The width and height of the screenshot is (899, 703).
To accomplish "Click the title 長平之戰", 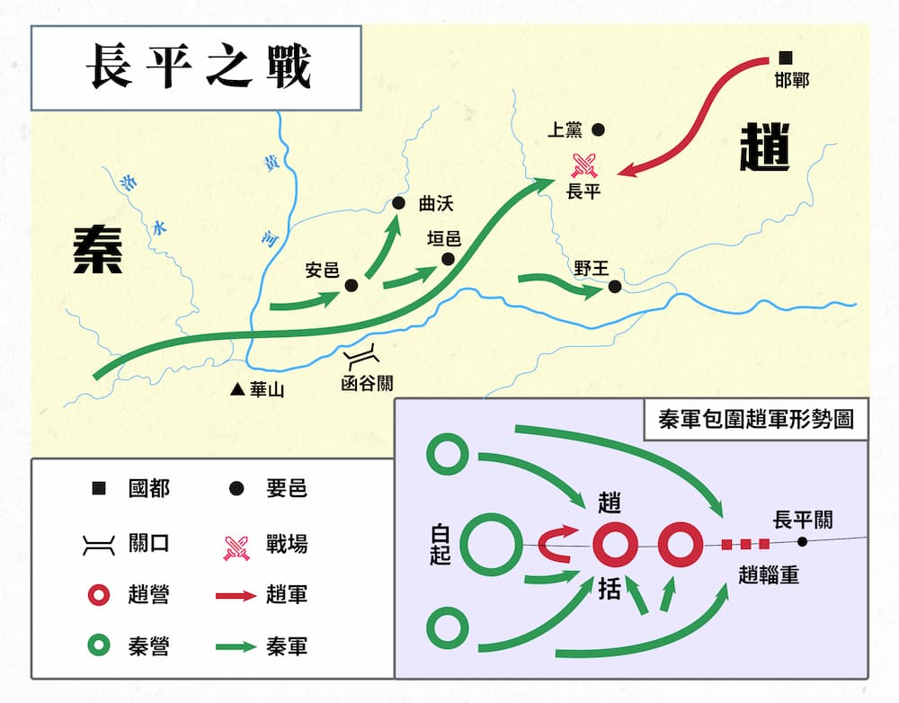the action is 199,67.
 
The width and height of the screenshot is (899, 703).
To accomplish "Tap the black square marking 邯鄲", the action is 785,58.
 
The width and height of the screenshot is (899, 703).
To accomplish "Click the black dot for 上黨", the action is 598,129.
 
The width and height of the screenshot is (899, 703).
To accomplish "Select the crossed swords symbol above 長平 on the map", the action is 584,165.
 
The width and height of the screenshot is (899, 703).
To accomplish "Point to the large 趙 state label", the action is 765,147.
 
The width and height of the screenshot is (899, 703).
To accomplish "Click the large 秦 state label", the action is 98,249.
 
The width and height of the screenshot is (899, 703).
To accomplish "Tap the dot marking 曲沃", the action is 398,203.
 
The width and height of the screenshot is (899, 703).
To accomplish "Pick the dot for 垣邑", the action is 448,259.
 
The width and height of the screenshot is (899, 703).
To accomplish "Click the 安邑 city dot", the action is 352,286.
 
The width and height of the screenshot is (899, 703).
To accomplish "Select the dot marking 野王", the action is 615,286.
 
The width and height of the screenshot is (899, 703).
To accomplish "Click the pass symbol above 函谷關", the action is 361,357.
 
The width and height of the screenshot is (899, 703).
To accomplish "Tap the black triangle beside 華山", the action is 237,389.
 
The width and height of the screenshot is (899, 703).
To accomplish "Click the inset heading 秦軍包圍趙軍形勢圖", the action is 756,419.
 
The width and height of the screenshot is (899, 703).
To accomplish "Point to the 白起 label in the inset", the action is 441,545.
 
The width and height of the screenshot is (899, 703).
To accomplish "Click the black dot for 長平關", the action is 803,541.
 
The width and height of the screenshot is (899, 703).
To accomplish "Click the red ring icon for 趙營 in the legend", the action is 99,594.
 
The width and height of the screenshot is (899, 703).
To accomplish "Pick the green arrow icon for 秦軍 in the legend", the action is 236,646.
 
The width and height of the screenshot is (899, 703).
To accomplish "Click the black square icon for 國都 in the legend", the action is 99,488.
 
